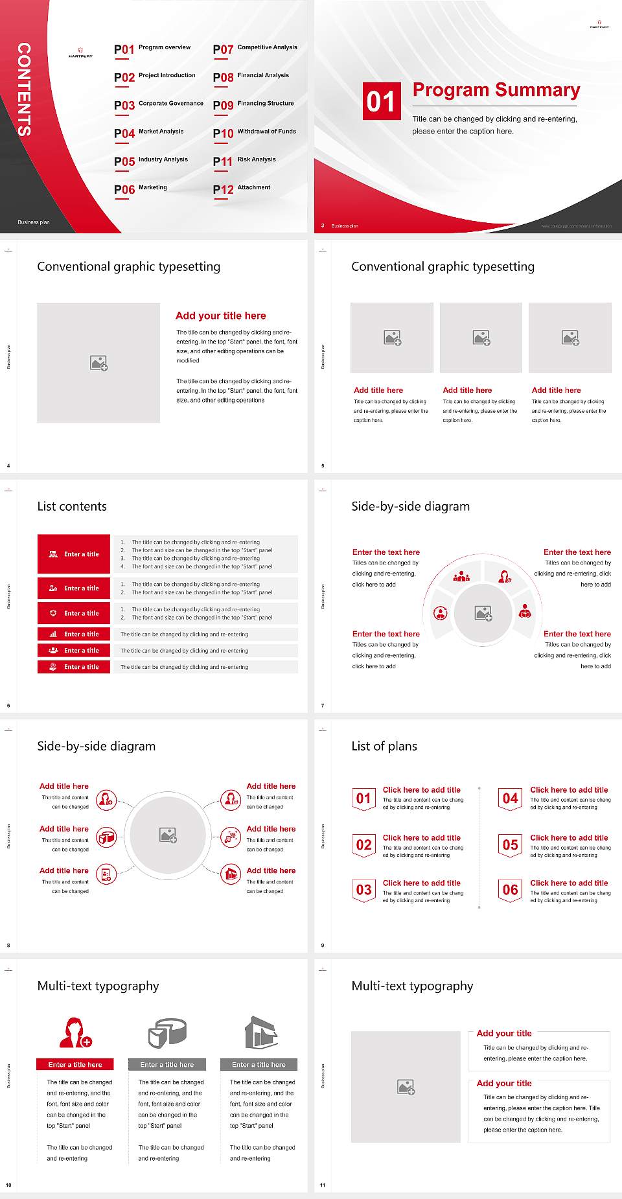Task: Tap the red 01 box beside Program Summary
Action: pos(381,101)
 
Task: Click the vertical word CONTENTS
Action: pos(24,89)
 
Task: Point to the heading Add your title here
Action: pos(220,316)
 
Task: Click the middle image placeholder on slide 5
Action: pos(481,338)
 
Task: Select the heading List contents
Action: pos(72,506)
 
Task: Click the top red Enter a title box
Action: pos(74,554)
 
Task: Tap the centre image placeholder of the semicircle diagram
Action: pos(483,613)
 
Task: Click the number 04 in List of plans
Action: pos(510,798)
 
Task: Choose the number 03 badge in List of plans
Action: pos(363,890)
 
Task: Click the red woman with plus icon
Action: pos(75,1033)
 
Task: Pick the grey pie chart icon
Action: pos(167,1032)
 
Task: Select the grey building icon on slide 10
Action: pos(260,1032)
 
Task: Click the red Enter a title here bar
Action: pos(75,1064)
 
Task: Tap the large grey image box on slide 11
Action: pos(406,1086)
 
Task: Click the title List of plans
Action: pos(384,746)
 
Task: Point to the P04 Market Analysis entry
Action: pos(149,133)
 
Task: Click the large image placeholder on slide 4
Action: pos(98,362)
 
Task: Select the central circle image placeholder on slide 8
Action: pos(168,835)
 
